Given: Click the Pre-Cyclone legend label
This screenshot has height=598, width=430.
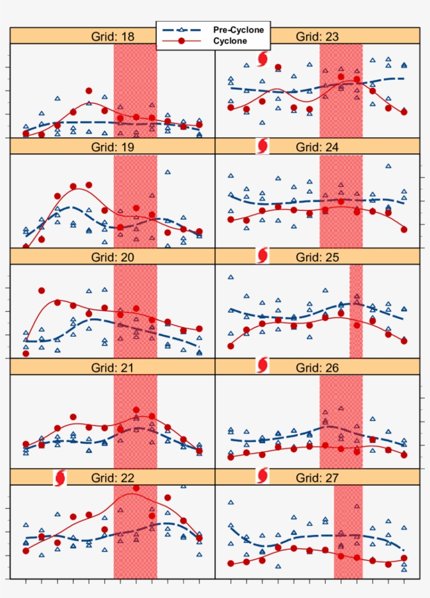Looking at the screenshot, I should click(x=238, y=30).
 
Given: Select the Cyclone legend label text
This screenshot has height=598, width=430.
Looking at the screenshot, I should click(x=230, y=41).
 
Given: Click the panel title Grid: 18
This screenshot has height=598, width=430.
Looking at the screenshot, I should click(x=112, y=37).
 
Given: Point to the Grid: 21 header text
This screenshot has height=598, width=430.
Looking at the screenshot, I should click(x=112, y=368).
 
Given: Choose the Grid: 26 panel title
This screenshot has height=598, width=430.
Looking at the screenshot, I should click(x=317, y=368).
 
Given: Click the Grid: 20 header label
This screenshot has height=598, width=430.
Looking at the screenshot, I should click(x=112, y=258).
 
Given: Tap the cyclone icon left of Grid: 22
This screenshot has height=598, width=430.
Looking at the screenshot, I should click(x=60, y=477).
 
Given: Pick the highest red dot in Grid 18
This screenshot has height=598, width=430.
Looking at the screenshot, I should click(x=89, y=91).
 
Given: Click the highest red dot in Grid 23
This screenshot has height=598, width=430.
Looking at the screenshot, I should click(x=278, y=67).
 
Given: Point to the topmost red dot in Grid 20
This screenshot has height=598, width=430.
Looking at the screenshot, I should click(x=41, y=291).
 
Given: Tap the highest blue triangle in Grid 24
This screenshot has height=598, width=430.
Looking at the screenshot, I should click(x=388, y=166).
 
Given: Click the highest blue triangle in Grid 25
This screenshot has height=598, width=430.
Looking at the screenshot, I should click(x=231, y=277).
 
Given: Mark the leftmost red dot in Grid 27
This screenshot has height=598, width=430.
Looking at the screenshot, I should click(x=231, y=563).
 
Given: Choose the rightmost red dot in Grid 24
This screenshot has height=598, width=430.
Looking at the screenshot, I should click(x=404, y=229).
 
